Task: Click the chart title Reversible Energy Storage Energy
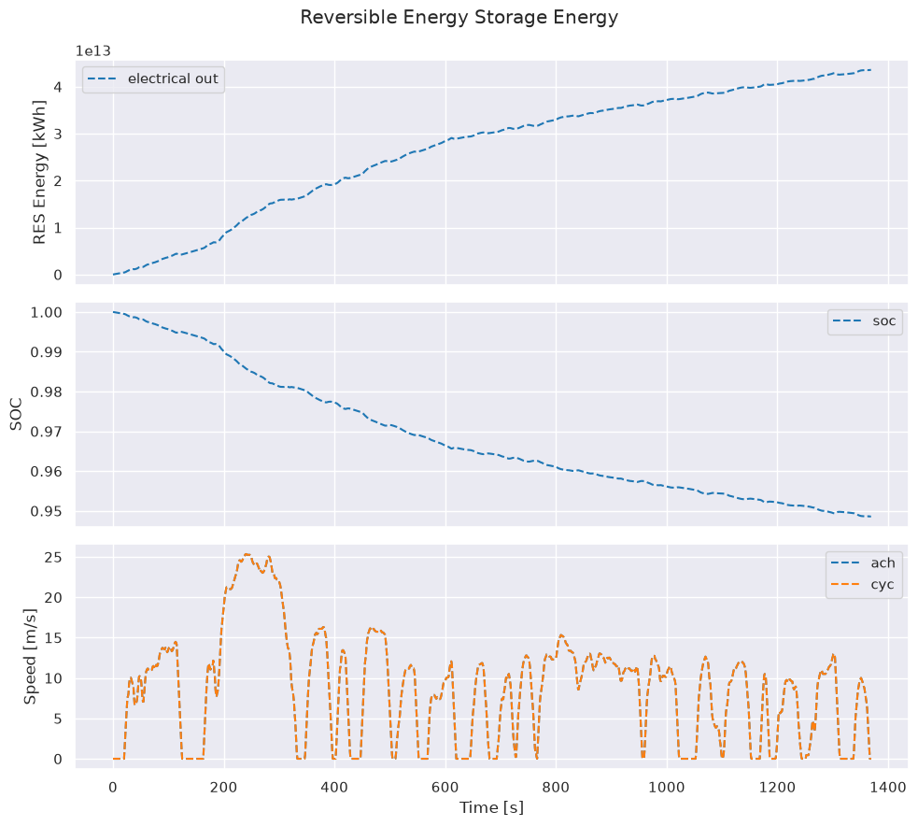click(x=459, y=17)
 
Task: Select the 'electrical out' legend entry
click(x=153, y=79)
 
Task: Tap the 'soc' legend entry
click(x=865, y=321)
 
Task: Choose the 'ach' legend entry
click(x=864, y=563)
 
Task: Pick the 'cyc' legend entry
click(x=864, y=585)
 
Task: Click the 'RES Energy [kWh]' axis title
click(x=39, y=172)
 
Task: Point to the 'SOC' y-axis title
click(x=16, y=414)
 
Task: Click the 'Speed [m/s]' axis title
click(x=30, y=656)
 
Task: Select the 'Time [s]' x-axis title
click(x=492, y=808)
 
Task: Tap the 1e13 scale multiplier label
click(x=93, y=51)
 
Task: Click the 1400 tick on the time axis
click(x=888, y=788)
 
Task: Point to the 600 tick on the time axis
click(x=445, y=788)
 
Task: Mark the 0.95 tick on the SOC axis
click(x=47, y=512)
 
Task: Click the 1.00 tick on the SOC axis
click(x=47, y=312)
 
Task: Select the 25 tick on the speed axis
click(x=54, y=557)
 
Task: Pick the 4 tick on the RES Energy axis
click(x=58, y=87)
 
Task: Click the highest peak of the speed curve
click(x=247, y=553)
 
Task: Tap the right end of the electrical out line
click(x=871, y=70)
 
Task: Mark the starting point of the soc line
click(x=114, y=312)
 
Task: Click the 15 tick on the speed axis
click(x=54, y=638)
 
